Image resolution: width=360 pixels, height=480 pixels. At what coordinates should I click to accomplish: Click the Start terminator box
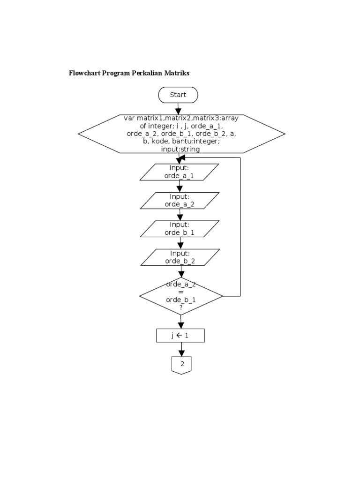click(x=178, y=95)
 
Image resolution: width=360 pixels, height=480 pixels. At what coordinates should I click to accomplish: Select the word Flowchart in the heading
click(x=84, y=73)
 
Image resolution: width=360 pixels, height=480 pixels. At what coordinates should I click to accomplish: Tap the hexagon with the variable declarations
click(x=181, y=134)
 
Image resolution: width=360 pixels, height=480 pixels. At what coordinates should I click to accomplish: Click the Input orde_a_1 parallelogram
click(x=179, y=172)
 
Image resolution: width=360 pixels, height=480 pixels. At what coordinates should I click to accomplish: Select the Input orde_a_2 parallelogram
click(x=180, y=201)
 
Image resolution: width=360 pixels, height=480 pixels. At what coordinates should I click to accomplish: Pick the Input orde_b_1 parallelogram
click(x=180, y=229)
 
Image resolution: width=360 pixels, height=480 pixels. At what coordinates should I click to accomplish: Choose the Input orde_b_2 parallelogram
click(x=180, y=257)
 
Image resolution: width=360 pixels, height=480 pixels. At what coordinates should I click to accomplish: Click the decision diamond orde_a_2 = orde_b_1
click(x=181, y=296)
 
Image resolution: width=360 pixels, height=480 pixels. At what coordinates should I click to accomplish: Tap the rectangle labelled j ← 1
click(x=180, y=336)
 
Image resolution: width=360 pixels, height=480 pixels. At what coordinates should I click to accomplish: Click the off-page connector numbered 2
click(x=181, y=365)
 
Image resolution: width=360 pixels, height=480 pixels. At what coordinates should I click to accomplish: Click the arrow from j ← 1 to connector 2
click(x=181, y=349)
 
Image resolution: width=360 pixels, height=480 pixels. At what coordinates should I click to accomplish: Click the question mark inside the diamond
click(x=181, y=307)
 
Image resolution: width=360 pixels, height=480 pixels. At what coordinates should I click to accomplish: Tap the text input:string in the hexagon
click(x=180, y=150)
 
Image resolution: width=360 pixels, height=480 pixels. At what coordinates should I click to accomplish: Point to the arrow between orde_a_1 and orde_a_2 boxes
click(x=180, y=187)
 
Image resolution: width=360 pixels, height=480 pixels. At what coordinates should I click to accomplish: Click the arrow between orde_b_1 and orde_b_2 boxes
click(x=180, y=243)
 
